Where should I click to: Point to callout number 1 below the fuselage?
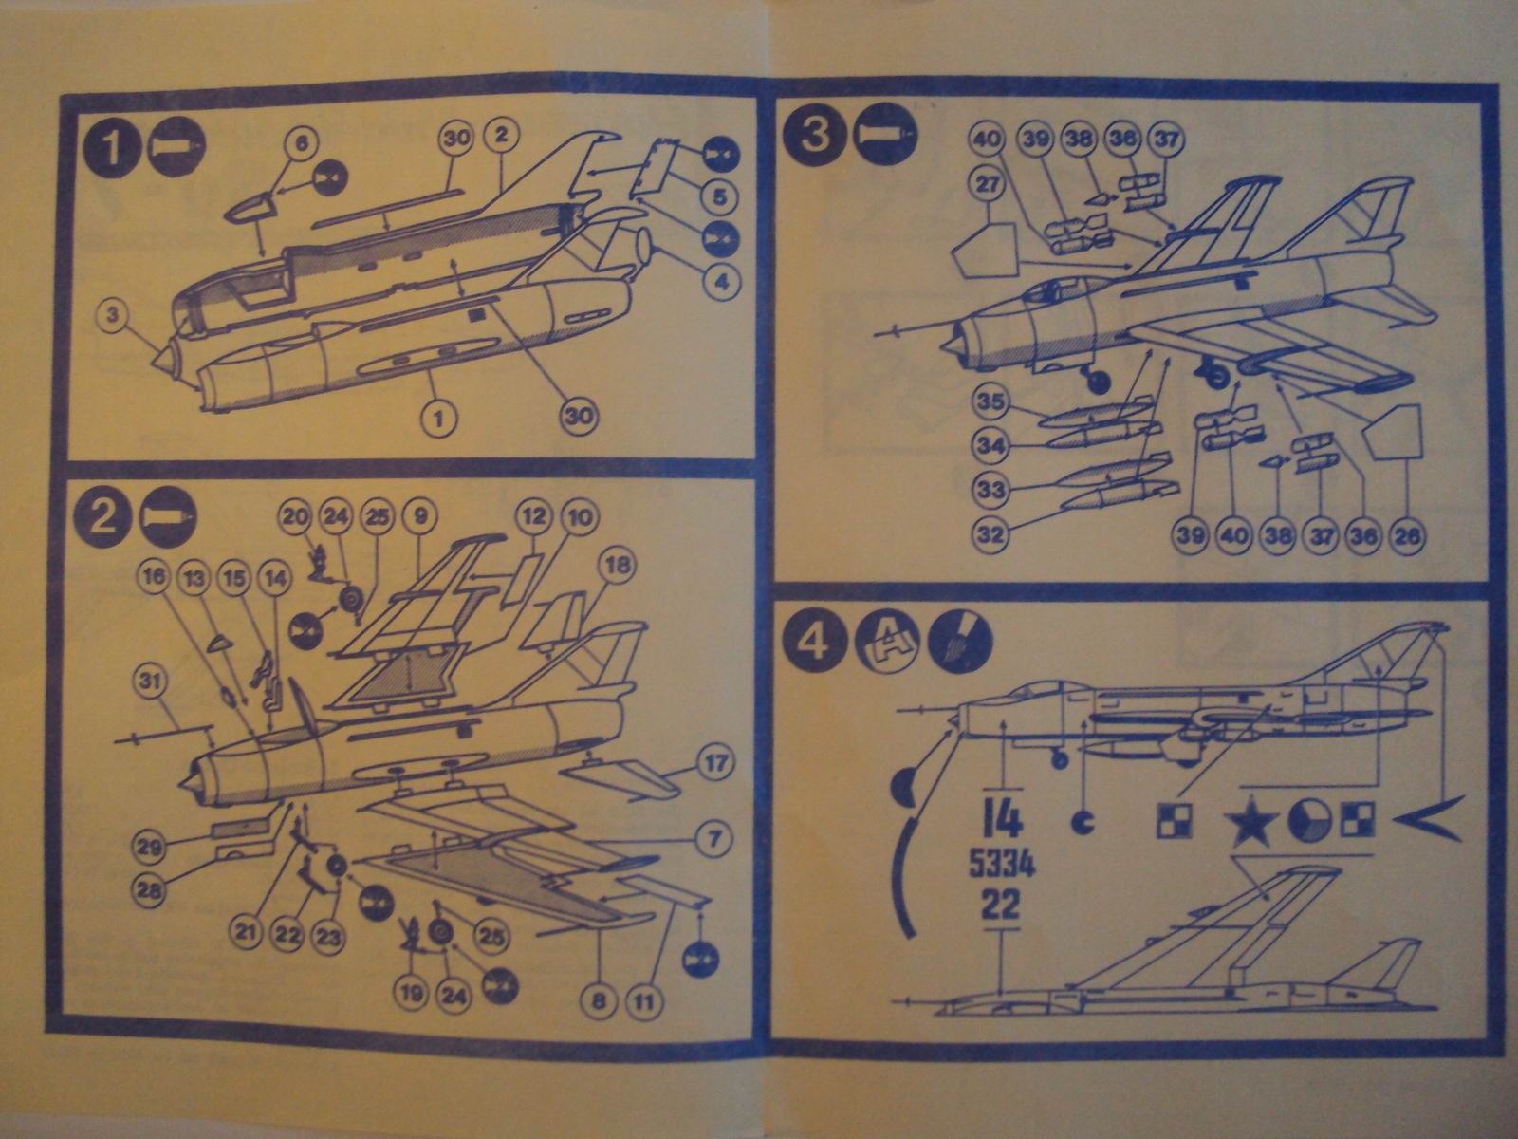pos(443,416)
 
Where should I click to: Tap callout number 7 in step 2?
pos(714,839)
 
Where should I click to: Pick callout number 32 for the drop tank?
pos(990,534)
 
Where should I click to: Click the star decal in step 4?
pos(1253,823)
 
